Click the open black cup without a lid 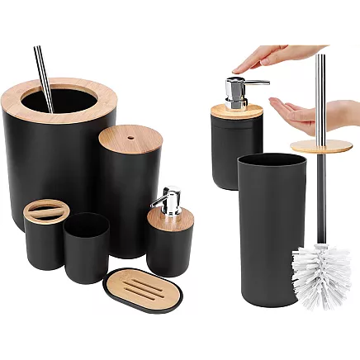coord(86,248)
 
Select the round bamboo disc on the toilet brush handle coord(320,146)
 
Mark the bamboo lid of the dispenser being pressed coord(236,111)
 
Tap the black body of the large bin coord(50,165)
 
